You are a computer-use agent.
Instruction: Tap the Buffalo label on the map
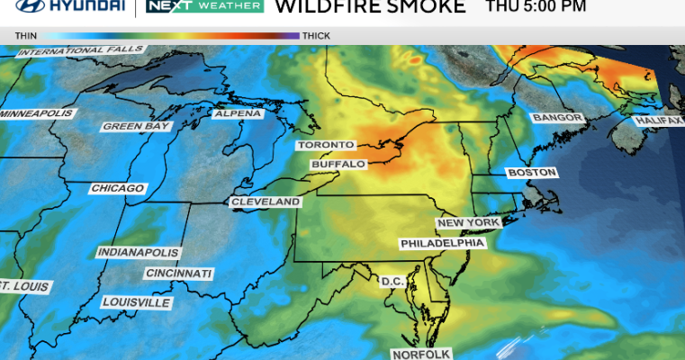coord(338,165)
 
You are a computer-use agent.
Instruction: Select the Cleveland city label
coord(266,202)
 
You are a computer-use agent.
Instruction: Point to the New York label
coord(468,222)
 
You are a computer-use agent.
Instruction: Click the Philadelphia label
coord(443,243)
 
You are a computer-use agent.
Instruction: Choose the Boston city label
coord(532,172)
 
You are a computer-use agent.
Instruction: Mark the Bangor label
coord(559,118)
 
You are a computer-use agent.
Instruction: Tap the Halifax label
coord(659,120)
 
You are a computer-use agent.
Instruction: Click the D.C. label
coord(393,282)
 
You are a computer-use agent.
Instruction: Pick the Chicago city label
coord(117,188)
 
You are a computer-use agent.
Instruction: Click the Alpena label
coord(238,113)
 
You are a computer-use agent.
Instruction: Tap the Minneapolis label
coord(37,114)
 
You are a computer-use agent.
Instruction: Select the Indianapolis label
coord(138,252)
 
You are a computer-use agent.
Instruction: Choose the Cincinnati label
coord(179,273)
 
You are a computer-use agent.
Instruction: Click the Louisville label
coord(136,302)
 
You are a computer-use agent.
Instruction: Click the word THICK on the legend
coord(316,36)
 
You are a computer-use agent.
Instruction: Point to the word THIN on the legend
coord(25,36)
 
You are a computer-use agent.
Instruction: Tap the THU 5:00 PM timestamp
coord(536,7)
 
